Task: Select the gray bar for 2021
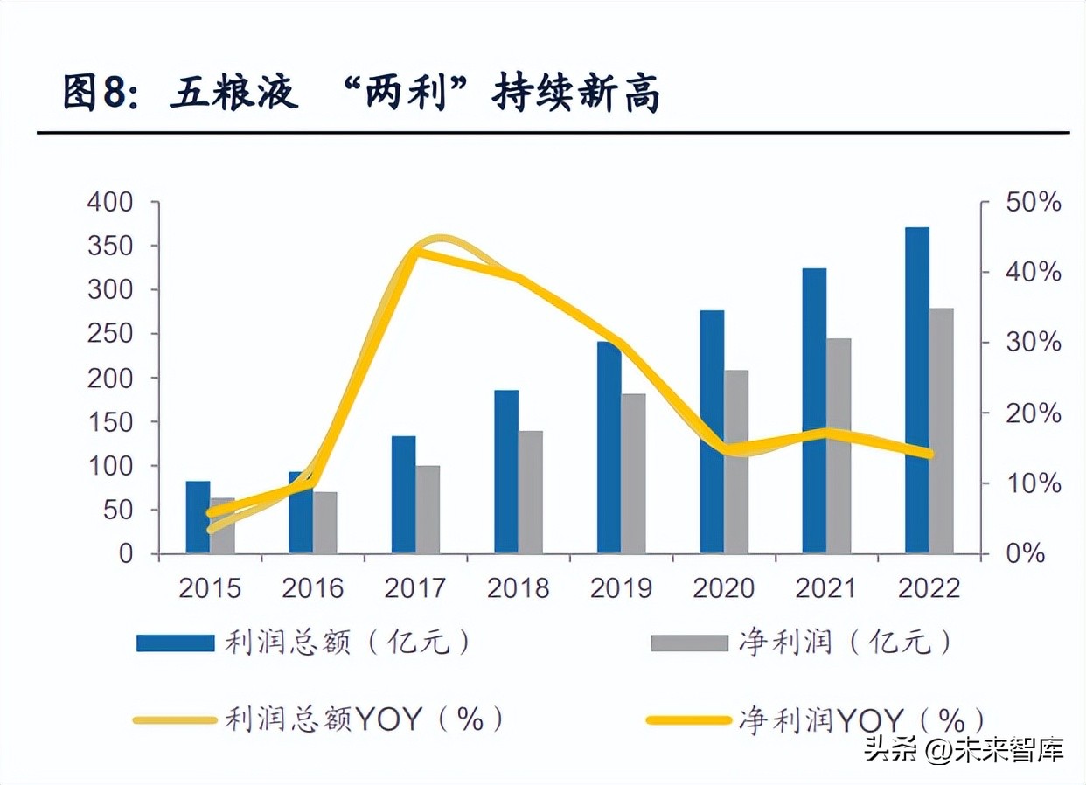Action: (x=839, y=446)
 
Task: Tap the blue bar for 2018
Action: (x=506, y=472)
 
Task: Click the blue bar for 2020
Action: (x=712, y=432)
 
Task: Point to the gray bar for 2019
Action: (x=633, y=474)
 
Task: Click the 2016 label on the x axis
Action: (x=312, y=588)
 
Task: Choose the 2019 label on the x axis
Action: (x=621, y=588)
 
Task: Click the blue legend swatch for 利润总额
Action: (x=175, y=643)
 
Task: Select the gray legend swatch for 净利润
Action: (x=689, y=643)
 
